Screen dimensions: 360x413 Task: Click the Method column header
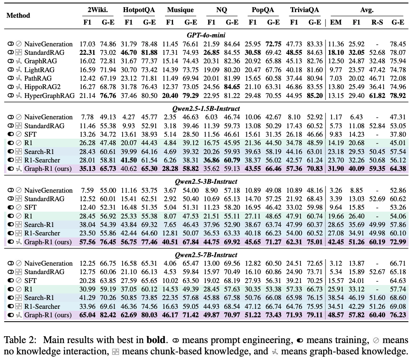point(18,16)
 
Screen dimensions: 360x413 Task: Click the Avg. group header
point(366,10)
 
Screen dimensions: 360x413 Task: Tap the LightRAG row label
point(40,70)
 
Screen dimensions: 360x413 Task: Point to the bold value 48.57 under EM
point(336,315)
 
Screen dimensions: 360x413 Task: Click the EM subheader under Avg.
point(336,22)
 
